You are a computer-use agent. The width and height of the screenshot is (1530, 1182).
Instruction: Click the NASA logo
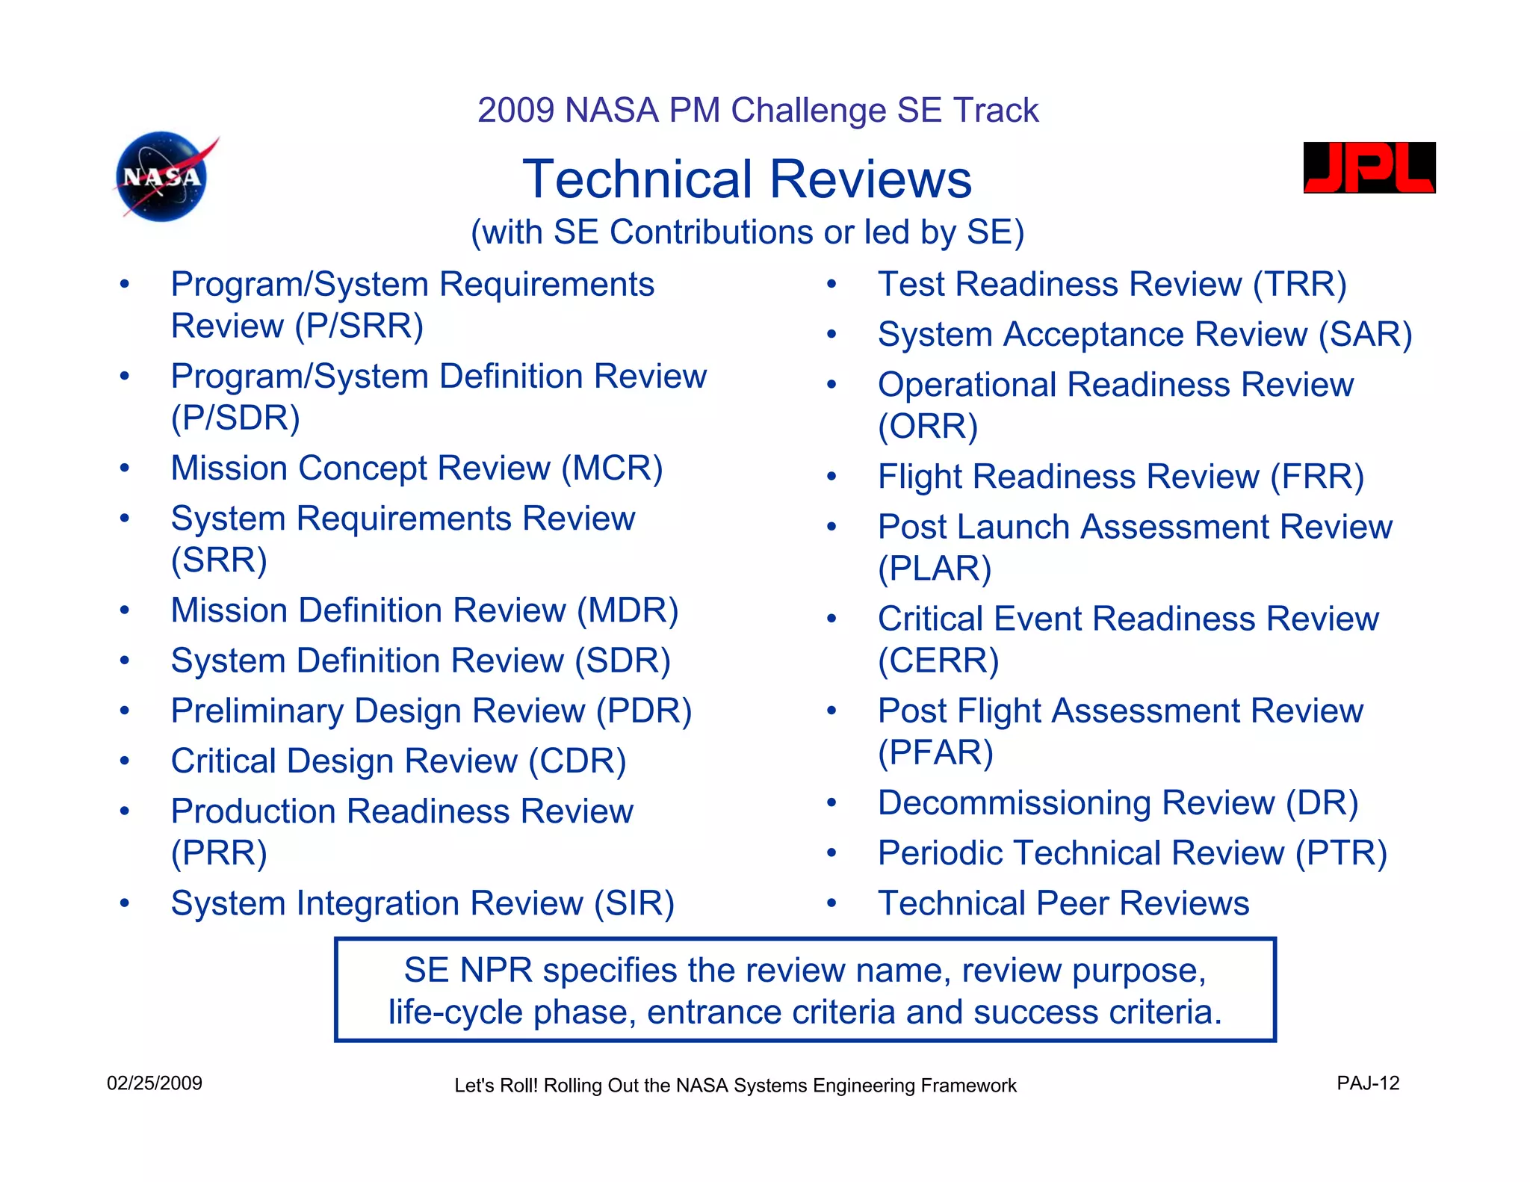pos(163,177)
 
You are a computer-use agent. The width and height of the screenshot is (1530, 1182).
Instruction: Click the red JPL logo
pos(1369,168)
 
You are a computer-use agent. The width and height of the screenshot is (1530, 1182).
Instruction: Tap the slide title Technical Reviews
pos(746,180)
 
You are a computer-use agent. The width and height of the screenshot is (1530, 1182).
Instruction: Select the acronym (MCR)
pos(612,468)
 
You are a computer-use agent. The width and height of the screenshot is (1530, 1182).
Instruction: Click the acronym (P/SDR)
pos(235,418)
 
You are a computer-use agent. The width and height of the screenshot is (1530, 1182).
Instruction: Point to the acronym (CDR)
pos(577,761)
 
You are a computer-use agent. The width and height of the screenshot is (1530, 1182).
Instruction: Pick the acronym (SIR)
pos(634,903)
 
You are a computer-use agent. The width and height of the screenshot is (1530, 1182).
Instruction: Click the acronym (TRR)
pos(1299,285)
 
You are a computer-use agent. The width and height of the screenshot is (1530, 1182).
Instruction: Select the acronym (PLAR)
pos(934,569)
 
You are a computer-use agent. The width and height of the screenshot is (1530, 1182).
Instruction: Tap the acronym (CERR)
pos(938,660)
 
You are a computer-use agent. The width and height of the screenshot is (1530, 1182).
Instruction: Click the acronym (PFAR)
pos(935,752)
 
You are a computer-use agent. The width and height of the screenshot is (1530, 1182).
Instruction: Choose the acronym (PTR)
pos(1341,853)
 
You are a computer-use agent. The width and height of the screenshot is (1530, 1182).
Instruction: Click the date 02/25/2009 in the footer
pos(155,1083)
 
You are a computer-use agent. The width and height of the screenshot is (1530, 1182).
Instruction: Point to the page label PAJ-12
pos(1367,1083)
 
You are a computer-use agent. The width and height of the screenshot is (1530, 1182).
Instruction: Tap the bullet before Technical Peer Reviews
pos(831,903)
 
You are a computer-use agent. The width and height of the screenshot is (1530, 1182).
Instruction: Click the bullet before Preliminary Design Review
pos(125,711)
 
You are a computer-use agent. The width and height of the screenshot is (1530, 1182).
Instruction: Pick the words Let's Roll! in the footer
pos(495,1086)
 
